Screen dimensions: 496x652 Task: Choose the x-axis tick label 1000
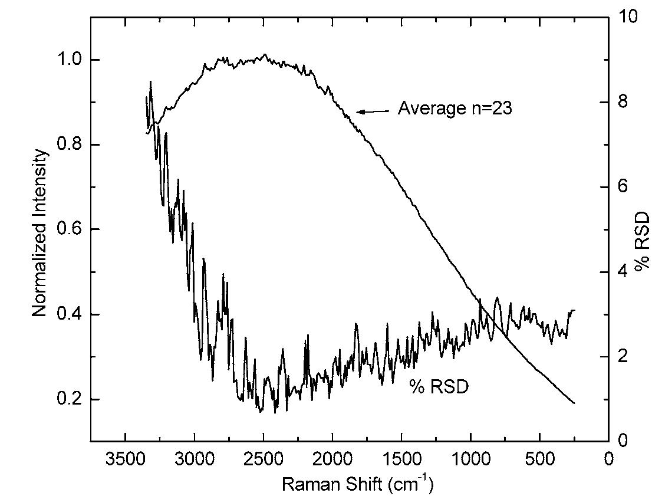[470, 459]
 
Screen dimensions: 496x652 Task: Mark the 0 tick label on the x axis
[609, 459]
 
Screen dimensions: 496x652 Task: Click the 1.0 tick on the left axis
[71, 60]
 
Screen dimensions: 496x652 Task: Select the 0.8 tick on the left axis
[71, 144]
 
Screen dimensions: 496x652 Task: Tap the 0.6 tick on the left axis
[71, 229]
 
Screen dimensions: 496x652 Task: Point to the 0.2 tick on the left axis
[71, 399]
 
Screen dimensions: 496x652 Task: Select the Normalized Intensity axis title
[39, 233]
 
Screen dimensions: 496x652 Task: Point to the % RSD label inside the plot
[439, 387]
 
